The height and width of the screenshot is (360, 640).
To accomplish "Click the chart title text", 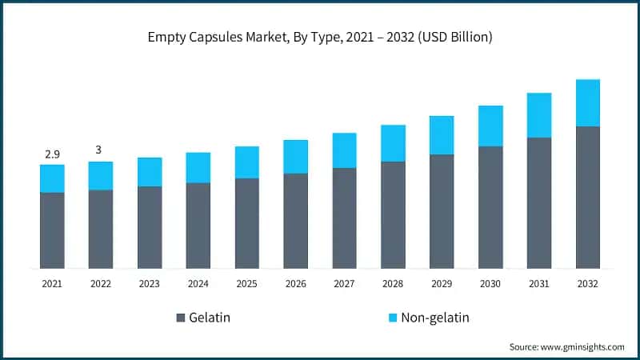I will click(320, 38).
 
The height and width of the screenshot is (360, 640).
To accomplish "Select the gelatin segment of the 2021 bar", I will click(52, 230).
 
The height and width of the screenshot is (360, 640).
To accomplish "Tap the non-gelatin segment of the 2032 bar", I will click(588, 102).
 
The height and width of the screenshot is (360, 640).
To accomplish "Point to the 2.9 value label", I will click(52, 152).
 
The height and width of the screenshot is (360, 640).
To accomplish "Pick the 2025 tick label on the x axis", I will click(247, 283).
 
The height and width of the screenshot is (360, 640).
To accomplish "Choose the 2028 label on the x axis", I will click(393, 283).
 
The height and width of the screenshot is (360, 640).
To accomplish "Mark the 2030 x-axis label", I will click(490, 283).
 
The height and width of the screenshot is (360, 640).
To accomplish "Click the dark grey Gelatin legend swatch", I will click(180, 318).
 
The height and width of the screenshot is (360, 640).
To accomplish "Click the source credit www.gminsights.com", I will click(566, 346).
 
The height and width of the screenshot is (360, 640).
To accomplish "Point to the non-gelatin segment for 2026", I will click(296, 156).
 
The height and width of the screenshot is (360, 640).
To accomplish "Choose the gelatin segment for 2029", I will click(442, 210).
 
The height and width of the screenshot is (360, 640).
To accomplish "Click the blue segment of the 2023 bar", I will click(150, 171).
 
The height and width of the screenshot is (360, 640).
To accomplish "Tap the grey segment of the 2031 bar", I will click(539, 202).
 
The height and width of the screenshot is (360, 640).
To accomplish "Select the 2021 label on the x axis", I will click(52, 283).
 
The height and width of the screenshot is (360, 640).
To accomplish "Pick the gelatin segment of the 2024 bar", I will click(198, 225).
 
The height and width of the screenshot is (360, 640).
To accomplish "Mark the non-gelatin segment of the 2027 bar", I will click(345, 150).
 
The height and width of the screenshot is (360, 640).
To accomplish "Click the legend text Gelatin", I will click(210, 318).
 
